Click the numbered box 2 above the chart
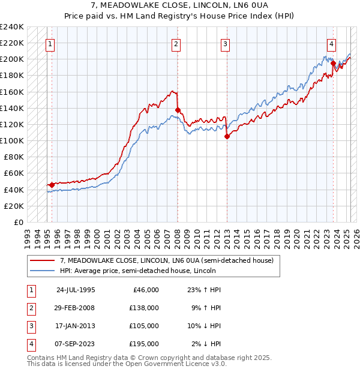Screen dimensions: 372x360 click(x=176, y=43)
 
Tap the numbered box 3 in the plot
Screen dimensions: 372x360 click(x=225, y=43)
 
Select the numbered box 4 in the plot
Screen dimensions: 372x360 click(x=331, y=43)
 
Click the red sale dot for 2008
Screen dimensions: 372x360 click(x=178, y=110)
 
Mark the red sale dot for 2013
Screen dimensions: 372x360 click(x=227, y=137)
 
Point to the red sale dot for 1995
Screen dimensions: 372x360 click(x=52, y=185)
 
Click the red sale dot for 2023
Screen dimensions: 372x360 click(x=333, y=63)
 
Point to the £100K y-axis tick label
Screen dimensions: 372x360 click(x=12, y=140)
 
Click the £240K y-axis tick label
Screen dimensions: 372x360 click(x=12, y=27)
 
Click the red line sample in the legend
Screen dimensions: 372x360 click(x=43, y=260)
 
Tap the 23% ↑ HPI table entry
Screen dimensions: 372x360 click(x=204, y=289)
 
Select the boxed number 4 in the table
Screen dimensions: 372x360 click(x=31, y=344)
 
